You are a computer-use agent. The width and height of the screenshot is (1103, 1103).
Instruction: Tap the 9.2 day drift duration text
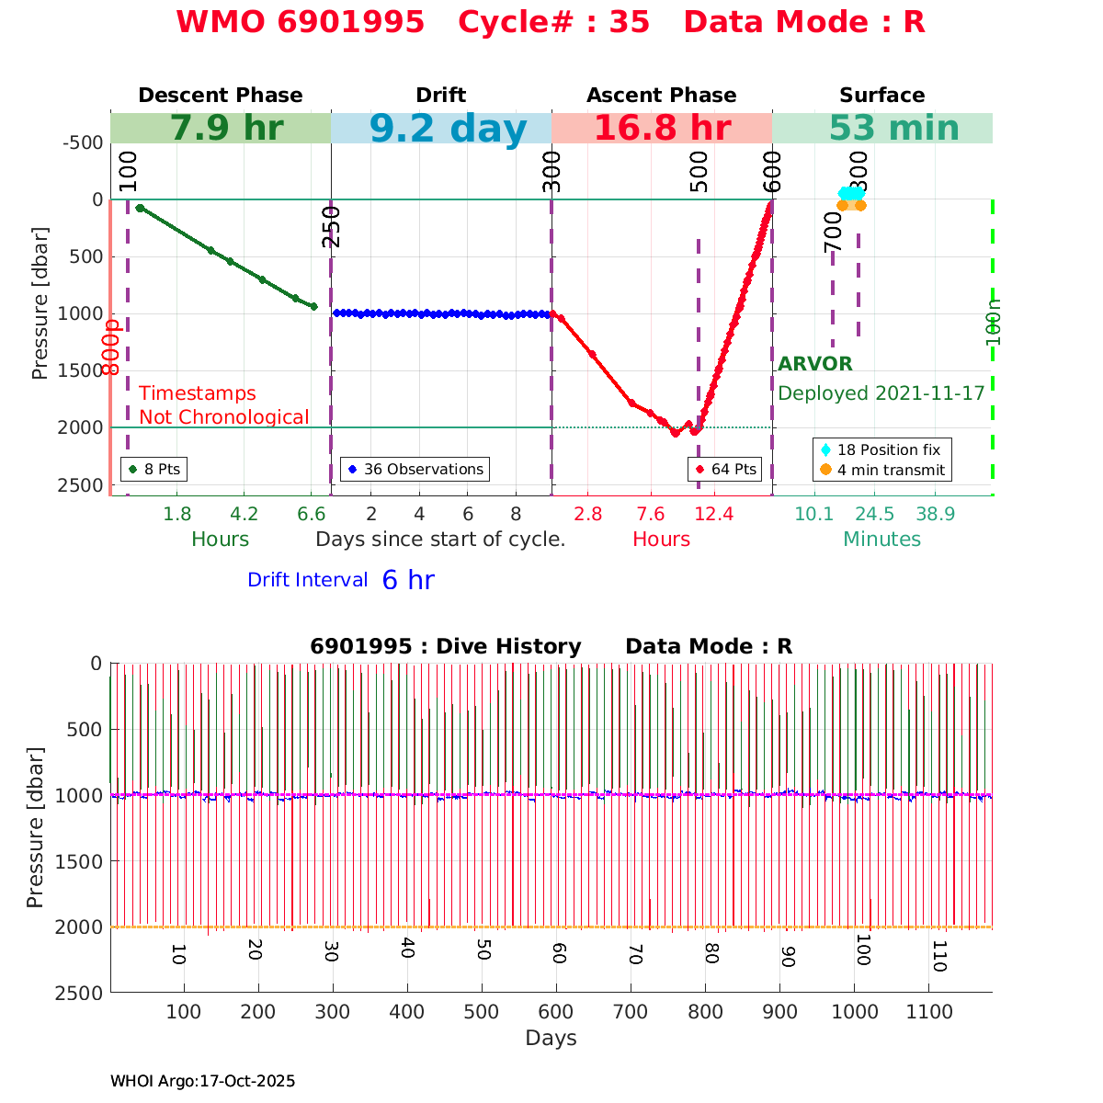click(x=449, y=129)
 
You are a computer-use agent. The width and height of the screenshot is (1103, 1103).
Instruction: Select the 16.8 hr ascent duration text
click(x=662, y=129)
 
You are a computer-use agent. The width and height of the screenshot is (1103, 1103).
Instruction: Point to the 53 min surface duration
click(x=881, y=129)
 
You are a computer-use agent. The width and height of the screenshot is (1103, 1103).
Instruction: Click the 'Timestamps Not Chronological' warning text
click(x=223, y=405)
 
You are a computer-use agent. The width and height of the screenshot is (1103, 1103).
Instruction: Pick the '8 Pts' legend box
click(x=154, y=469)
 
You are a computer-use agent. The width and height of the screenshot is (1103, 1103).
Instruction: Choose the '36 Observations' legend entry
click(x=415, y=469)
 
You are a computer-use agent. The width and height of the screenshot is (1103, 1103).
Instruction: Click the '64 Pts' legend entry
click(x=726, y=469)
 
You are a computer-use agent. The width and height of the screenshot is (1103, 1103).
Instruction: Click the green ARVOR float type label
click(x=814, y=364)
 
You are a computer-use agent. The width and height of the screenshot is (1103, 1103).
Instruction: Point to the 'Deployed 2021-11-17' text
click(x=881, y=393)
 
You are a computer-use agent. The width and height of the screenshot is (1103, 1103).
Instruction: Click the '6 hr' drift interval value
click(x=408, y=580)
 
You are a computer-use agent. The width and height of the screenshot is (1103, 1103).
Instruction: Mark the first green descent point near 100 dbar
click(x=140, y=209)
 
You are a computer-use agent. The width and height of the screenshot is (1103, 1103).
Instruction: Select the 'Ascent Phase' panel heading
click(x=662, y=96)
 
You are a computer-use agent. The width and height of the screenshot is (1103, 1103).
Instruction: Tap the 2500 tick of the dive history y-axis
click(x=82, y=993)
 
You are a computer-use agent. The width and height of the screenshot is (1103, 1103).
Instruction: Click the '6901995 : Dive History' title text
click(x=446, y=646)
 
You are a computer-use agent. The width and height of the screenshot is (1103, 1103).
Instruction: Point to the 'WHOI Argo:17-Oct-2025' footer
click(x=202, y=1082)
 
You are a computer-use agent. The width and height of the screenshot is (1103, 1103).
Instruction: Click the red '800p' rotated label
click(x=111, y=347)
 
